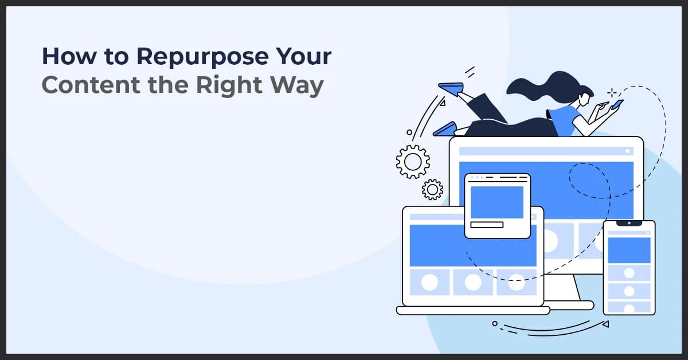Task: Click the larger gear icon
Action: click(413, 161)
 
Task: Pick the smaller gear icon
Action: click(432, 189)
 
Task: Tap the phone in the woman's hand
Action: click(617, 104)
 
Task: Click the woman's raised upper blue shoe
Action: click(451, 88)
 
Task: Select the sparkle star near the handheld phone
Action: click(612, 92)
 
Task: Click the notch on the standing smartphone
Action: click(629, 223)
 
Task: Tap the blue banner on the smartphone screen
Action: click(629, 250)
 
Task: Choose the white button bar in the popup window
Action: click(486, 225)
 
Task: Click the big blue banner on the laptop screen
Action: click(473, 245)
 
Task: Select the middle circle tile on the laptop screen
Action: click(473, 282)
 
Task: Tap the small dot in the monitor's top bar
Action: click(628, 151)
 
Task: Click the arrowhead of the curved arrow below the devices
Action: click(605, 324)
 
